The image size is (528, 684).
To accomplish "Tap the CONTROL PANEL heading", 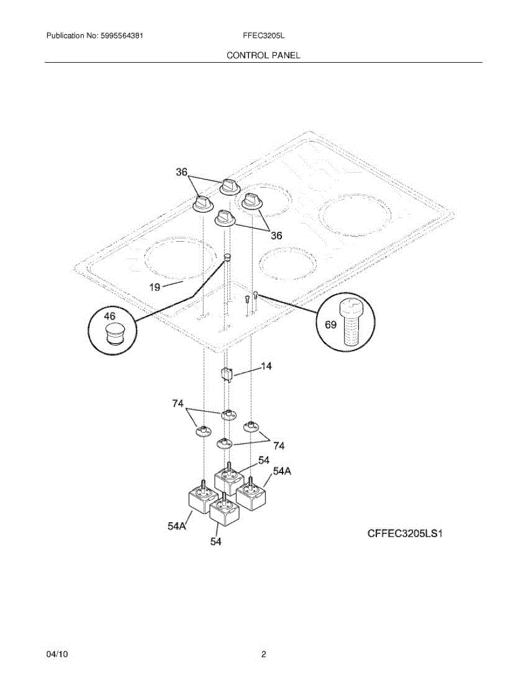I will (x=263, y=55).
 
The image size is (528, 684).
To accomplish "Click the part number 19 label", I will (x=155, y=287).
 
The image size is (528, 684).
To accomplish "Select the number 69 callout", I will (x=330, y=325).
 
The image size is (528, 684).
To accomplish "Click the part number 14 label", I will (x=266, y=367).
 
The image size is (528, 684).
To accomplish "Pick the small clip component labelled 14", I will (x=227, y=373).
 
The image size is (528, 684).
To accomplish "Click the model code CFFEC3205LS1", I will (x=404, y=534).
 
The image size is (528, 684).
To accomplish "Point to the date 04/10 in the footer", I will (x=57, y=655).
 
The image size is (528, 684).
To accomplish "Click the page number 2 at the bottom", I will (x=264, y=655).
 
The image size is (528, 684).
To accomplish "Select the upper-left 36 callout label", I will (x=181, y=172).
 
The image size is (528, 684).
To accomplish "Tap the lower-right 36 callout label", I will (x=276, y=235).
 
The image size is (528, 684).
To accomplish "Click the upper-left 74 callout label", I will (x=178, y=404).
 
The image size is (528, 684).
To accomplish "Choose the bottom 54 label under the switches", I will (x=215, y=542).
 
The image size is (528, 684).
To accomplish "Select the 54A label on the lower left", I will (x=177, y=527).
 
